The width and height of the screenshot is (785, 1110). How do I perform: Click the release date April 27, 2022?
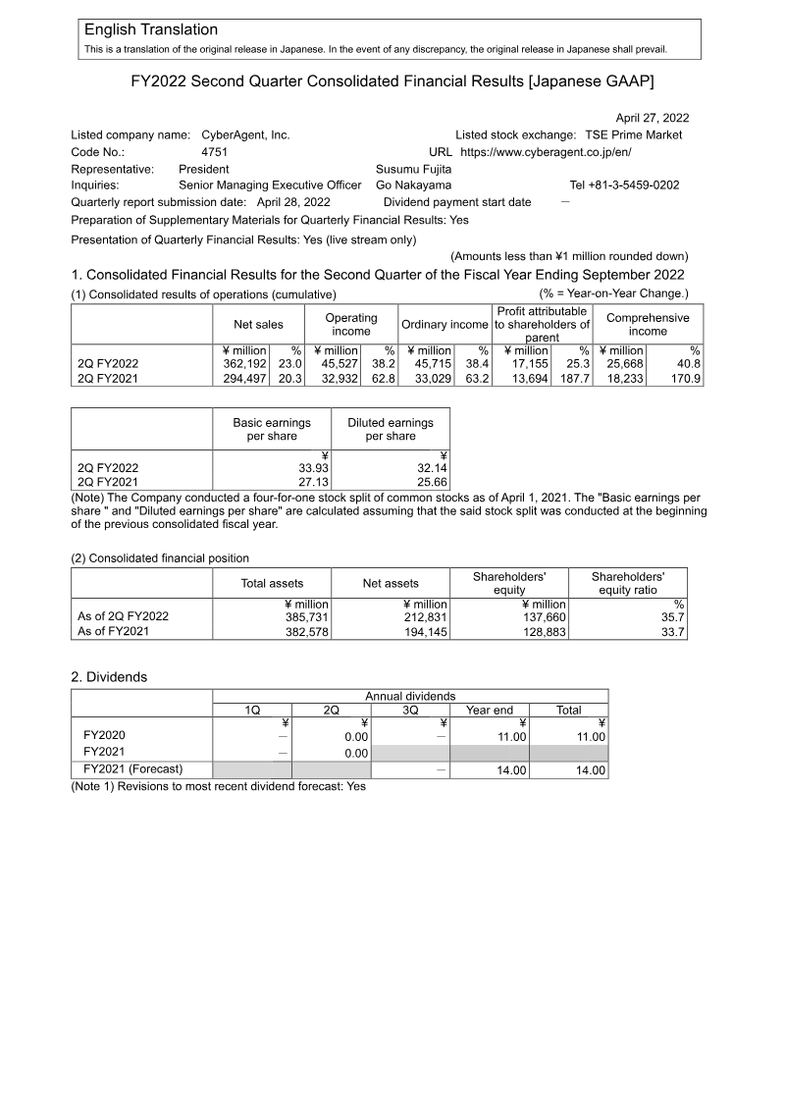[x=653, y=117]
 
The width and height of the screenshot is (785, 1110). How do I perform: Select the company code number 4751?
[x=214, y=152]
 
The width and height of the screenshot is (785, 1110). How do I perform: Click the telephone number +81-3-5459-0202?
[x=624, y=185]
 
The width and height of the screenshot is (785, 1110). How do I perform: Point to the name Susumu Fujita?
[x=414, y=169]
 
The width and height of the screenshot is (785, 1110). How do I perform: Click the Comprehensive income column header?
[x=648, y=325]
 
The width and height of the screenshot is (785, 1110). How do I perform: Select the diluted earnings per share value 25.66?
[x=432, y=482]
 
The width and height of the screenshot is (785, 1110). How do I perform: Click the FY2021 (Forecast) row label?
[x=133, y=768]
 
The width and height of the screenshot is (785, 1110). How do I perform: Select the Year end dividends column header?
[x=490, y=710]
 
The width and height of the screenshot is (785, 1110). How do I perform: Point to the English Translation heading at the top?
[x=151, y=30]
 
